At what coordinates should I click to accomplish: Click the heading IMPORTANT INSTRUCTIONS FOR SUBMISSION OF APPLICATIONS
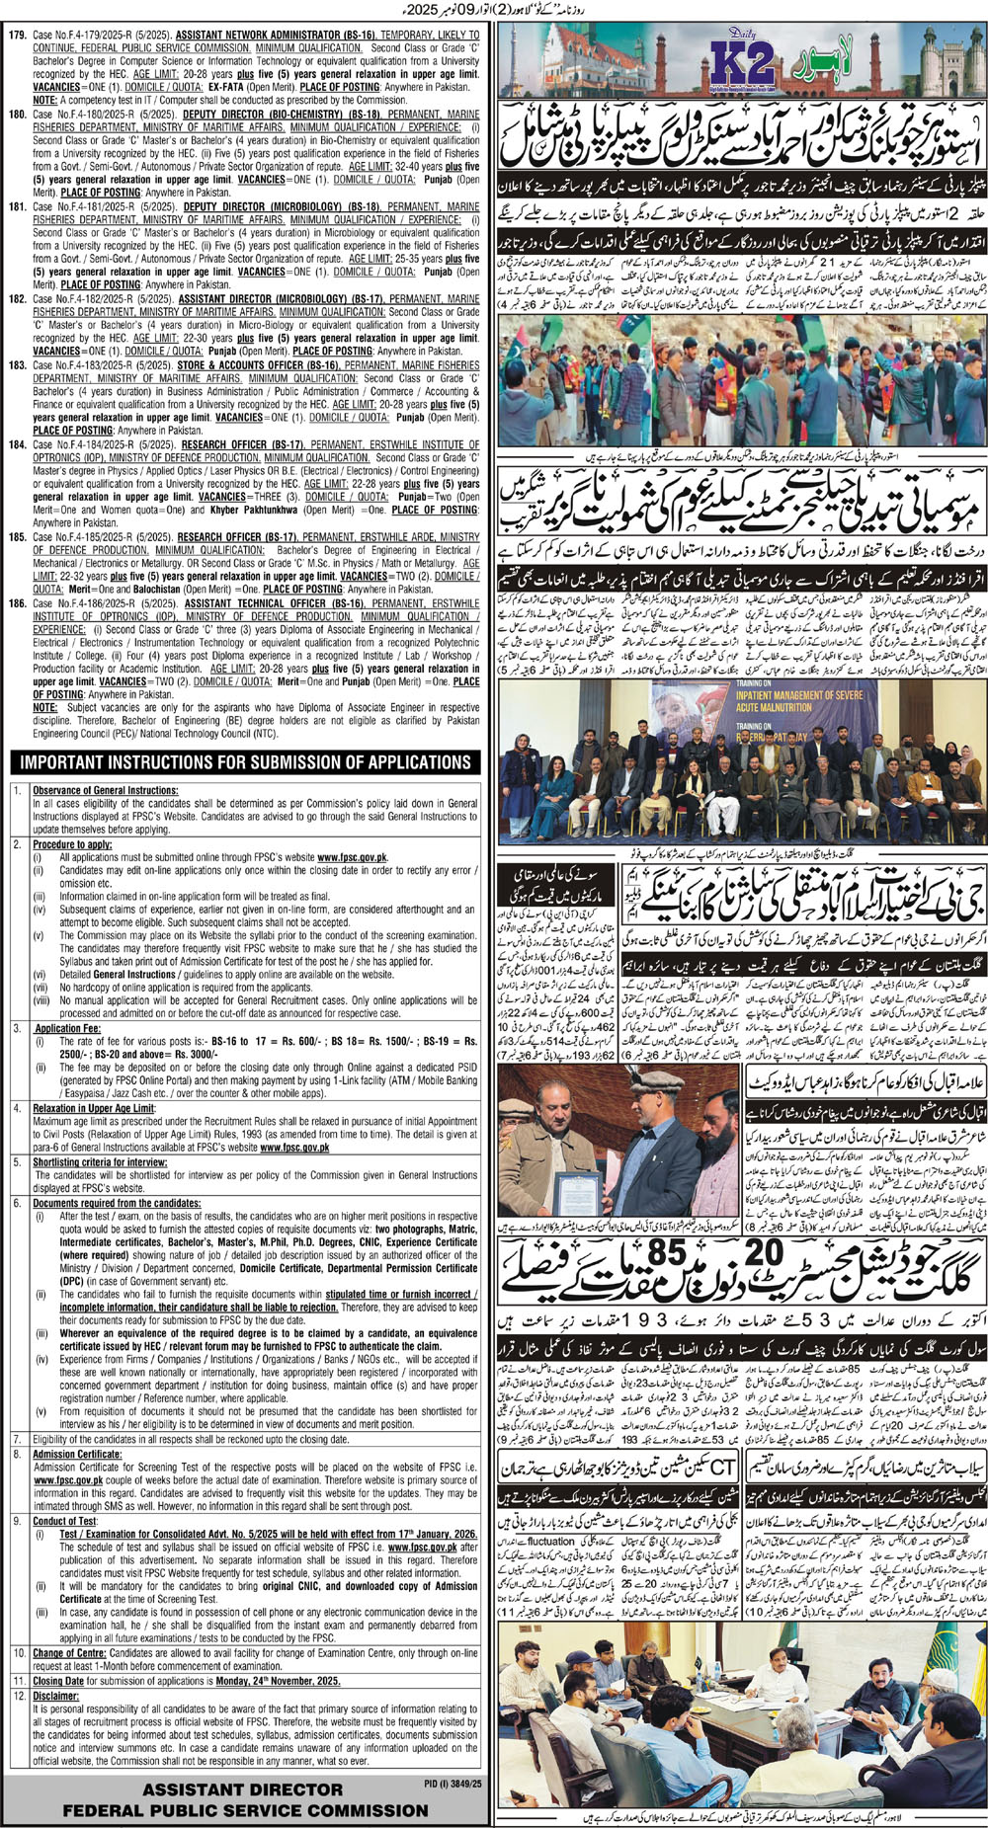pyautogui.click(x=246, y=762)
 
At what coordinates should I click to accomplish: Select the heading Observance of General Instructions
pyautogui.click(x=105, y=790)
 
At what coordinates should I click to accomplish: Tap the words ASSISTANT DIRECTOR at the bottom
pyautogui.click(x=242, y=1789)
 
